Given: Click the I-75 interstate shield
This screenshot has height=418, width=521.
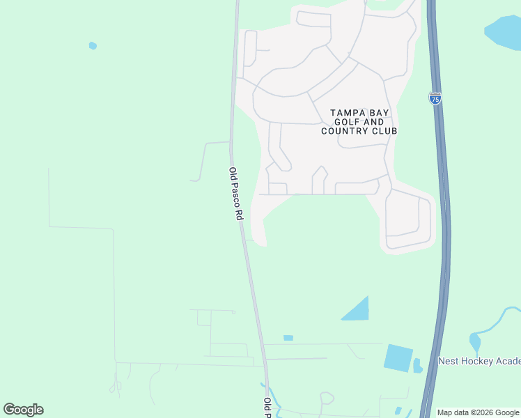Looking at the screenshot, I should (435, 99).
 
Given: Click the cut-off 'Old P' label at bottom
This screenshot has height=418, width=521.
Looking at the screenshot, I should (267, 408).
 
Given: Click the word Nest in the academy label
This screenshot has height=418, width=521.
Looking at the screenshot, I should (449, 361).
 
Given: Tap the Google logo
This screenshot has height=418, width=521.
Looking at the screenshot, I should (23, 410).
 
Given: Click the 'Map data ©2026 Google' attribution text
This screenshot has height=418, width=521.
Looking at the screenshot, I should (479, 412).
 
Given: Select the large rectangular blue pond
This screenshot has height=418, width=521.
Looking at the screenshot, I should (398, 357).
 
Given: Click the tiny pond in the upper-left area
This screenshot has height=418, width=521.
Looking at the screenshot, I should (93, 46).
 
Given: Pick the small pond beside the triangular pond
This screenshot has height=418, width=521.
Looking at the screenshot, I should (288, 338).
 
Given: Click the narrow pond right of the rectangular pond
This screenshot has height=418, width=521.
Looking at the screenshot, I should (417, 365).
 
